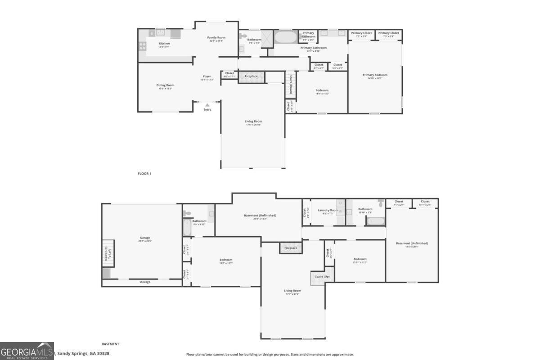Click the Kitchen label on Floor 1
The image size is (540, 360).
coord(164,44)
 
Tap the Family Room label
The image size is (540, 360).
coord(216,37)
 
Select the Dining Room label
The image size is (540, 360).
coord(165,85)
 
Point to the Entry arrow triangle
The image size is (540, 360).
coord(207,105)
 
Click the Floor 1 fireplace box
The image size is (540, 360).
coord(251,76)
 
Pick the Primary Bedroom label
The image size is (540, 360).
coord(375,75)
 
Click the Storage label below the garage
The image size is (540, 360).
coord(145,282)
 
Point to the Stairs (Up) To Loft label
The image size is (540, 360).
coord(108,255)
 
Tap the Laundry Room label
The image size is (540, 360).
coord(328,210)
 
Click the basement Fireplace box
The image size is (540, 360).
coord(291,248)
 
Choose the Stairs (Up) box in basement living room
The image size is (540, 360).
coord(322,277)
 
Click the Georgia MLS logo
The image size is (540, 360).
coord(27,351)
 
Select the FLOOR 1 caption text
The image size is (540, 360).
coord(144,173)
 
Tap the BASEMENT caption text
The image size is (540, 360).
coord(110,344)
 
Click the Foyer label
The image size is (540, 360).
coord(207,77)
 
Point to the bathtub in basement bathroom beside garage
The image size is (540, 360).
coord(187,227)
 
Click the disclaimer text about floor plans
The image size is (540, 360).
coord(270,355)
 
